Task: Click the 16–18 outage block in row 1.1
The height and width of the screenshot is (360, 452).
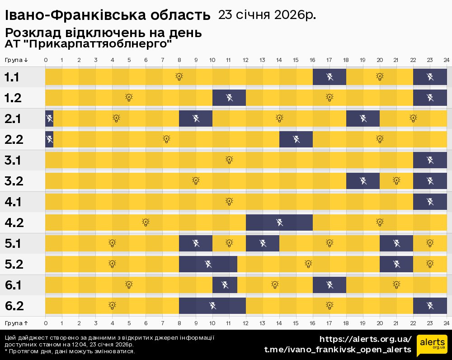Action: click(x=330, y=76)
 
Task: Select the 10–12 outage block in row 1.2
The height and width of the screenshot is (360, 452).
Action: click(x=229, y=97)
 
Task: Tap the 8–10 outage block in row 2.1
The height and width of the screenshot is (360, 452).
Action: click(x=196, y=118)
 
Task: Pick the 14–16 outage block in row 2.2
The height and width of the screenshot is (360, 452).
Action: click(x=296, y=139)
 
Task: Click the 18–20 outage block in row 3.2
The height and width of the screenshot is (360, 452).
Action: click(x=363, y=180)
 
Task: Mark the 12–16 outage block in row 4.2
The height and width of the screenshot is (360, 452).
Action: click(x=279, y=222)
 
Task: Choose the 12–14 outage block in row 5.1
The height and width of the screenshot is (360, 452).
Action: click(x=263, y=243)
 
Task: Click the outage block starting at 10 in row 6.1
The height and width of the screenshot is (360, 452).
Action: click(x=225, y=284)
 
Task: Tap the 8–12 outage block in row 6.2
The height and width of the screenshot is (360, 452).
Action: click(x=212, y=305)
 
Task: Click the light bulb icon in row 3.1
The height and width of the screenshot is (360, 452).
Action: click(x=229, y=160)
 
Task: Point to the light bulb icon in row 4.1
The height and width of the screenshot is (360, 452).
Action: click(x=229, y=201)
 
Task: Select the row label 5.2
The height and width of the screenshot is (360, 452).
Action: click(x=14, y=264)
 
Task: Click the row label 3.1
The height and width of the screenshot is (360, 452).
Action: click(x=14, y=160)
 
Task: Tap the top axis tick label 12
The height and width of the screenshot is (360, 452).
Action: click(x=245, y=60)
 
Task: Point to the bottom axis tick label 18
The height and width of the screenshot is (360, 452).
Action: click(x=346, y=323)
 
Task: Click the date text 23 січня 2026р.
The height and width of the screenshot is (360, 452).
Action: click(x=267, y=15)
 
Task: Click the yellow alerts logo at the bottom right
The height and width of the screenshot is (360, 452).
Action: click(x=432, y=346)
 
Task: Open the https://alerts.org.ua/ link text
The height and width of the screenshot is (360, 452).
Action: click(x=365, y=339)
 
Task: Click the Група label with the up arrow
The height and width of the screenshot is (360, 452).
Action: click(x=16, y=323)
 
